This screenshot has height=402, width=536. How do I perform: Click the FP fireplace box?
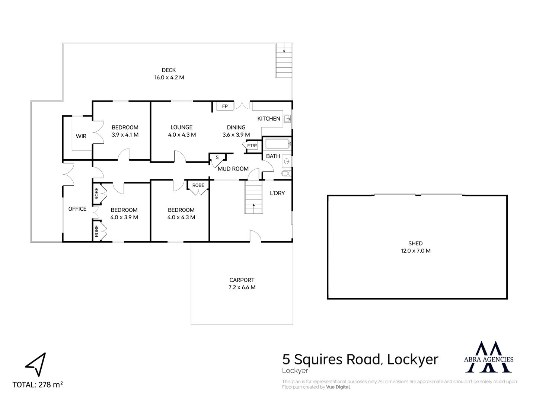coord(225,106)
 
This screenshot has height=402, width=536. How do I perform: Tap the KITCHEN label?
coord(269,119)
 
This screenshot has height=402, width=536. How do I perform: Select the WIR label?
coord(81,136)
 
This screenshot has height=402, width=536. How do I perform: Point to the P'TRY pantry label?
coord(252,146)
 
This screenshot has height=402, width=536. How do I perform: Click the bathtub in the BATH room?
coord(277,144)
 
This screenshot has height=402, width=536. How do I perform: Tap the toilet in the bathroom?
coord(287,173)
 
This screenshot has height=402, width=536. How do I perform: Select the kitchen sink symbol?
coord(287,119)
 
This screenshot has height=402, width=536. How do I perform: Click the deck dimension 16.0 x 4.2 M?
coord(169,78)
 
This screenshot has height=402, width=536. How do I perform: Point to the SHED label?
coord(415,243)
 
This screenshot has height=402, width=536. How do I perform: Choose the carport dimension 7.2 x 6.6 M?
coord(242,287)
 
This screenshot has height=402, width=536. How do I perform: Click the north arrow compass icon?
coord(36,364)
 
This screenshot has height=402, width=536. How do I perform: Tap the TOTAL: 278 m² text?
coord(38,385)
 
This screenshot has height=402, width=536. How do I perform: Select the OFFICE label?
coord(77,209)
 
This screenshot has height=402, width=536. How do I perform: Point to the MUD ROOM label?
coord(233,169)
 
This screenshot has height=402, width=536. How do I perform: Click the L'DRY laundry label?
coord(277,193)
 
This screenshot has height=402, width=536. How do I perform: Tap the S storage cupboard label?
coord(217,157)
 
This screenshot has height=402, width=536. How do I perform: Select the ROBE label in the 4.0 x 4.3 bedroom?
coord(198,185)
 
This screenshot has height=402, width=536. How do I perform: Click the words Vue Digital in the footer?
coord(338,387)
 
